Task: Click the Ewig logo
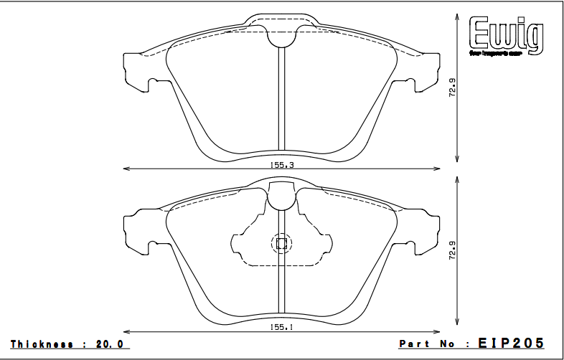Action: point(506,36)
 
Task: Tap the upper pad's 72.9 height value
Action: point(452,88)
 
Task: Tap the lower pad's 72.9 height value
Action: point(452,251)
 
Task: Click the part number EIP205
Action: point(512,344)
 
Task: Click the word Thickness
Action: point(42,344)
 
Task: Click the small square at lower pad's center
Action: point(281,244)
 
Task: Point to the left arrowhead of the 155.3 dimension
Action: point(127,169)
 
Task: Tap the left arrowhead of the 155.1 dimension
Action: point(127,331)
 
